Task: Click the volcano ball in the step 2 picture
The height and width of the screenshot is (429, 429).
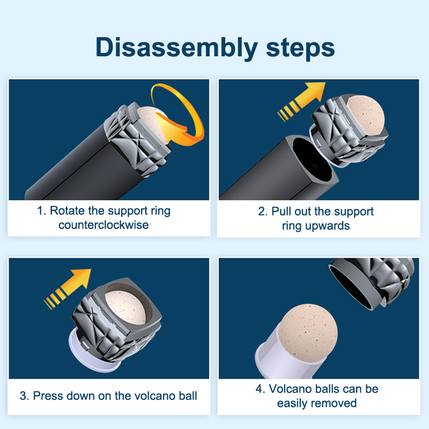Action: (365, 115)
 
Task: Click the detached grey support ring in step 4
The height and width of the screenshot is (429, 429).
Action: (372, 282)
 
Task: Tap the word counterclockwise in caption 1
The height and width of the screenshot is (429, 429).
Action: (103, 225)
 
